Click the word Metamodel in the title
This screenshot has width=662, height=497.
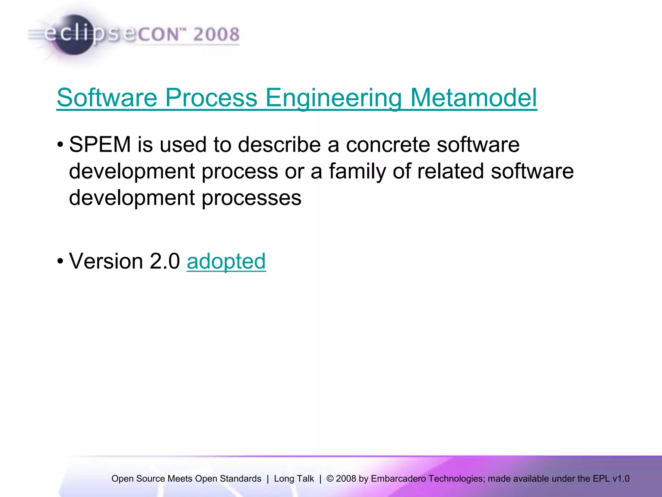[474, 98]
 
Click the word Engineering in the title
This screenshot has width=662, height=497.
[334, 98]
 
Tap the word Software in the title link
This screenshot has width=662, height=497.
[107, 98]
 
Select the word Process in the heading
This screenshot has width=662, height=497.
[211, 98]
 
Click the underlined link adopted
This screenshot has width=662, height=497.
[226, 261]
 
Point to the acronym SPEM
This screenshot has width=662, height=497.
[100, 144]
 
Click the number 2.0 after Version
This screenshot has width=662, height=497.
[165, 261]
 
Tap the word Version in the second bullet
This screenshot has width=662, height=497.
[106, 261]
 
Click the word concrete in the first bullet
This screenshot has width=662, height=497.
[388, 144]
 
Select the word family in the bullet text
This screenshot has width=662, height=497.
[358, 171]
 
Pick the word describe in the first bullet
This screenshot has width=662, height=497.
[279, 144]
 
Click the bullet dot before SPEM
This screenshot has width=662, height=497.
[60, 145]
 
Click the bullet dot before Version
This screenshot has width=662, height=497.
[60, 261]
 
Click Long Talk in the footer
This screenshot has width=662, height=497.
[294, 479]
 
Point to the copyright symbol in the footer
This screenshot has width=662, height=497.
[330, 479]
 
